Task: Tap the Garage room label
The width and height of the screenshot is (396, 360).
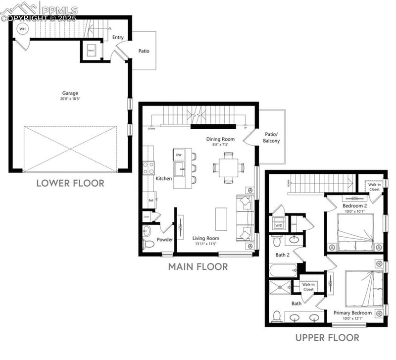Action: coord(70,93)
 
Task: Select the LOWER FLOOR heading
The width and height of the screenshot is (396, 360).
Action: coord(70,183)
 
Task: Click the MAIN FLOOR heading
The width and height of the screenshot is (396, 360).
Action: coord(198,267)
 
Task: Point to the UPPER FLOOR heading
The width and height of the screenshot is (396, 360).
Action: coord(327,338)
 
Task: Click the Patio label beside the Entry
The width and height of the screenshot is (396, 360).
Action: coord(144,51)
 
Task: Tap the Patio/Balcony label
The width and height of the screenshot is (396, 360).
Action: coord(271,138)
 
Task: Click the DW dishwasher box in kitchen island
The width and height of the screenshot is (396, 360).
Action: coord(179,155)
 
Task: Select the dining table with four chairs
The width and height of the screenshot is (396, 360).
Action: coord(228,167)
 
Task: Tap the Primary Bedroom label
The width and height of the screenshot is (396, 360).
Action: coord(352,312)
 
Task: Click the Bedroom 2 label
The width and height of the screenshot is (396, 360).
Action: coord(354,206)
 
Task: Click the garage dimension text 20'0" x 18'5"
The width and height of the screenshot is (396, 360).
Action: coord(70,99)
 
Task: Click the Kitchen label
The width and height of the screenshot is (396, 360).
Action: coord(164,178)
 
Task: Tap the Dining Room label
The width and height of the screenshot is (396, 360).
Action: coord(220,139)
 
